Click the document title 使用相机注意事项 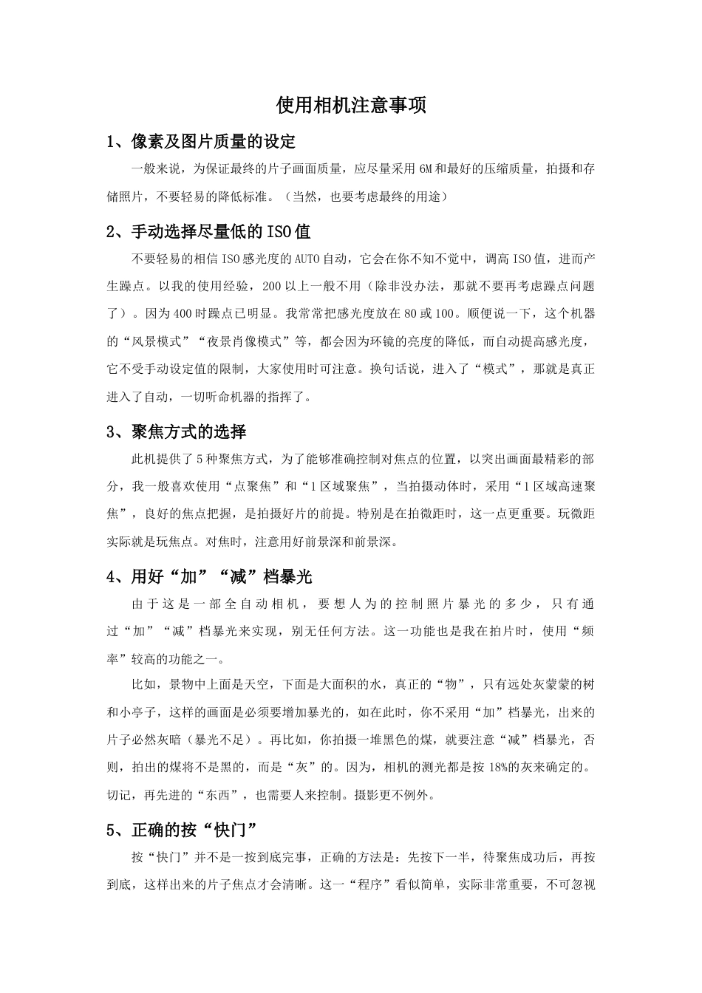(x=351, y=106)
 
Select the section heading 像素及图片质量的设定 (x=214, y=141)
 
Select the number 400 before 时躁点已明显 (x=183, y=314)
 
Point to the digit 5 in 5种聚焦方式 (x=200, y=460)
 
